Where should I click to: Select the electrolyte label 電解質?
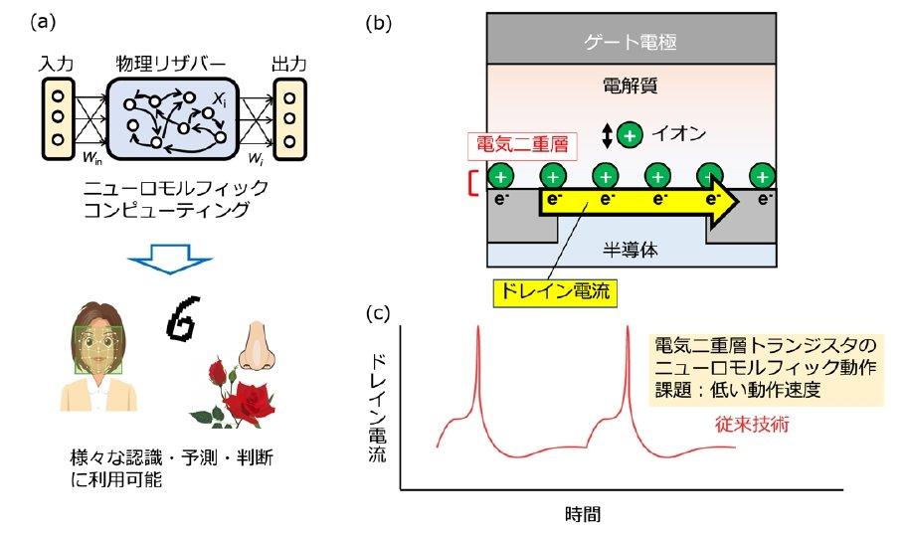(632, 84)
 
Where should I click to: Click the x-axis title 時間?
(582, 514)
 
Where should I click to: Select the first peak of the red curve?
(478, 332)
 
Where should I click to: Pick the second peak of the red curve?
(629, 332)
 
